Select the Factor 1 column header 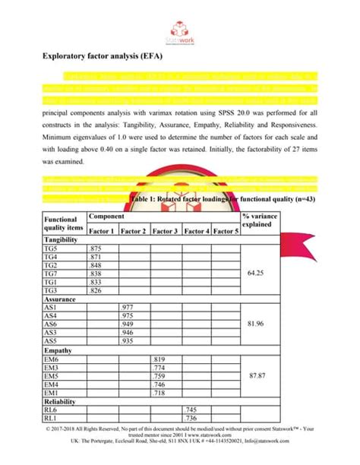click(x=103, y=230)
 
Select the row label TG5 click(x=52, y=248)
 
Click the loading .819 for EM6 click(x=159, y=359)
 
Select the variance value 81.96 click(x=261, y=324)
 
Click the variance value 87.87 click(x=261, y=375)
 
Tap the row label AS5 click(x=52, y=341)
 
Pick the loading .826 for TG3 click(x=96, y=290)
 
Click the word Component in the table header click(x=106, y=217)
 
